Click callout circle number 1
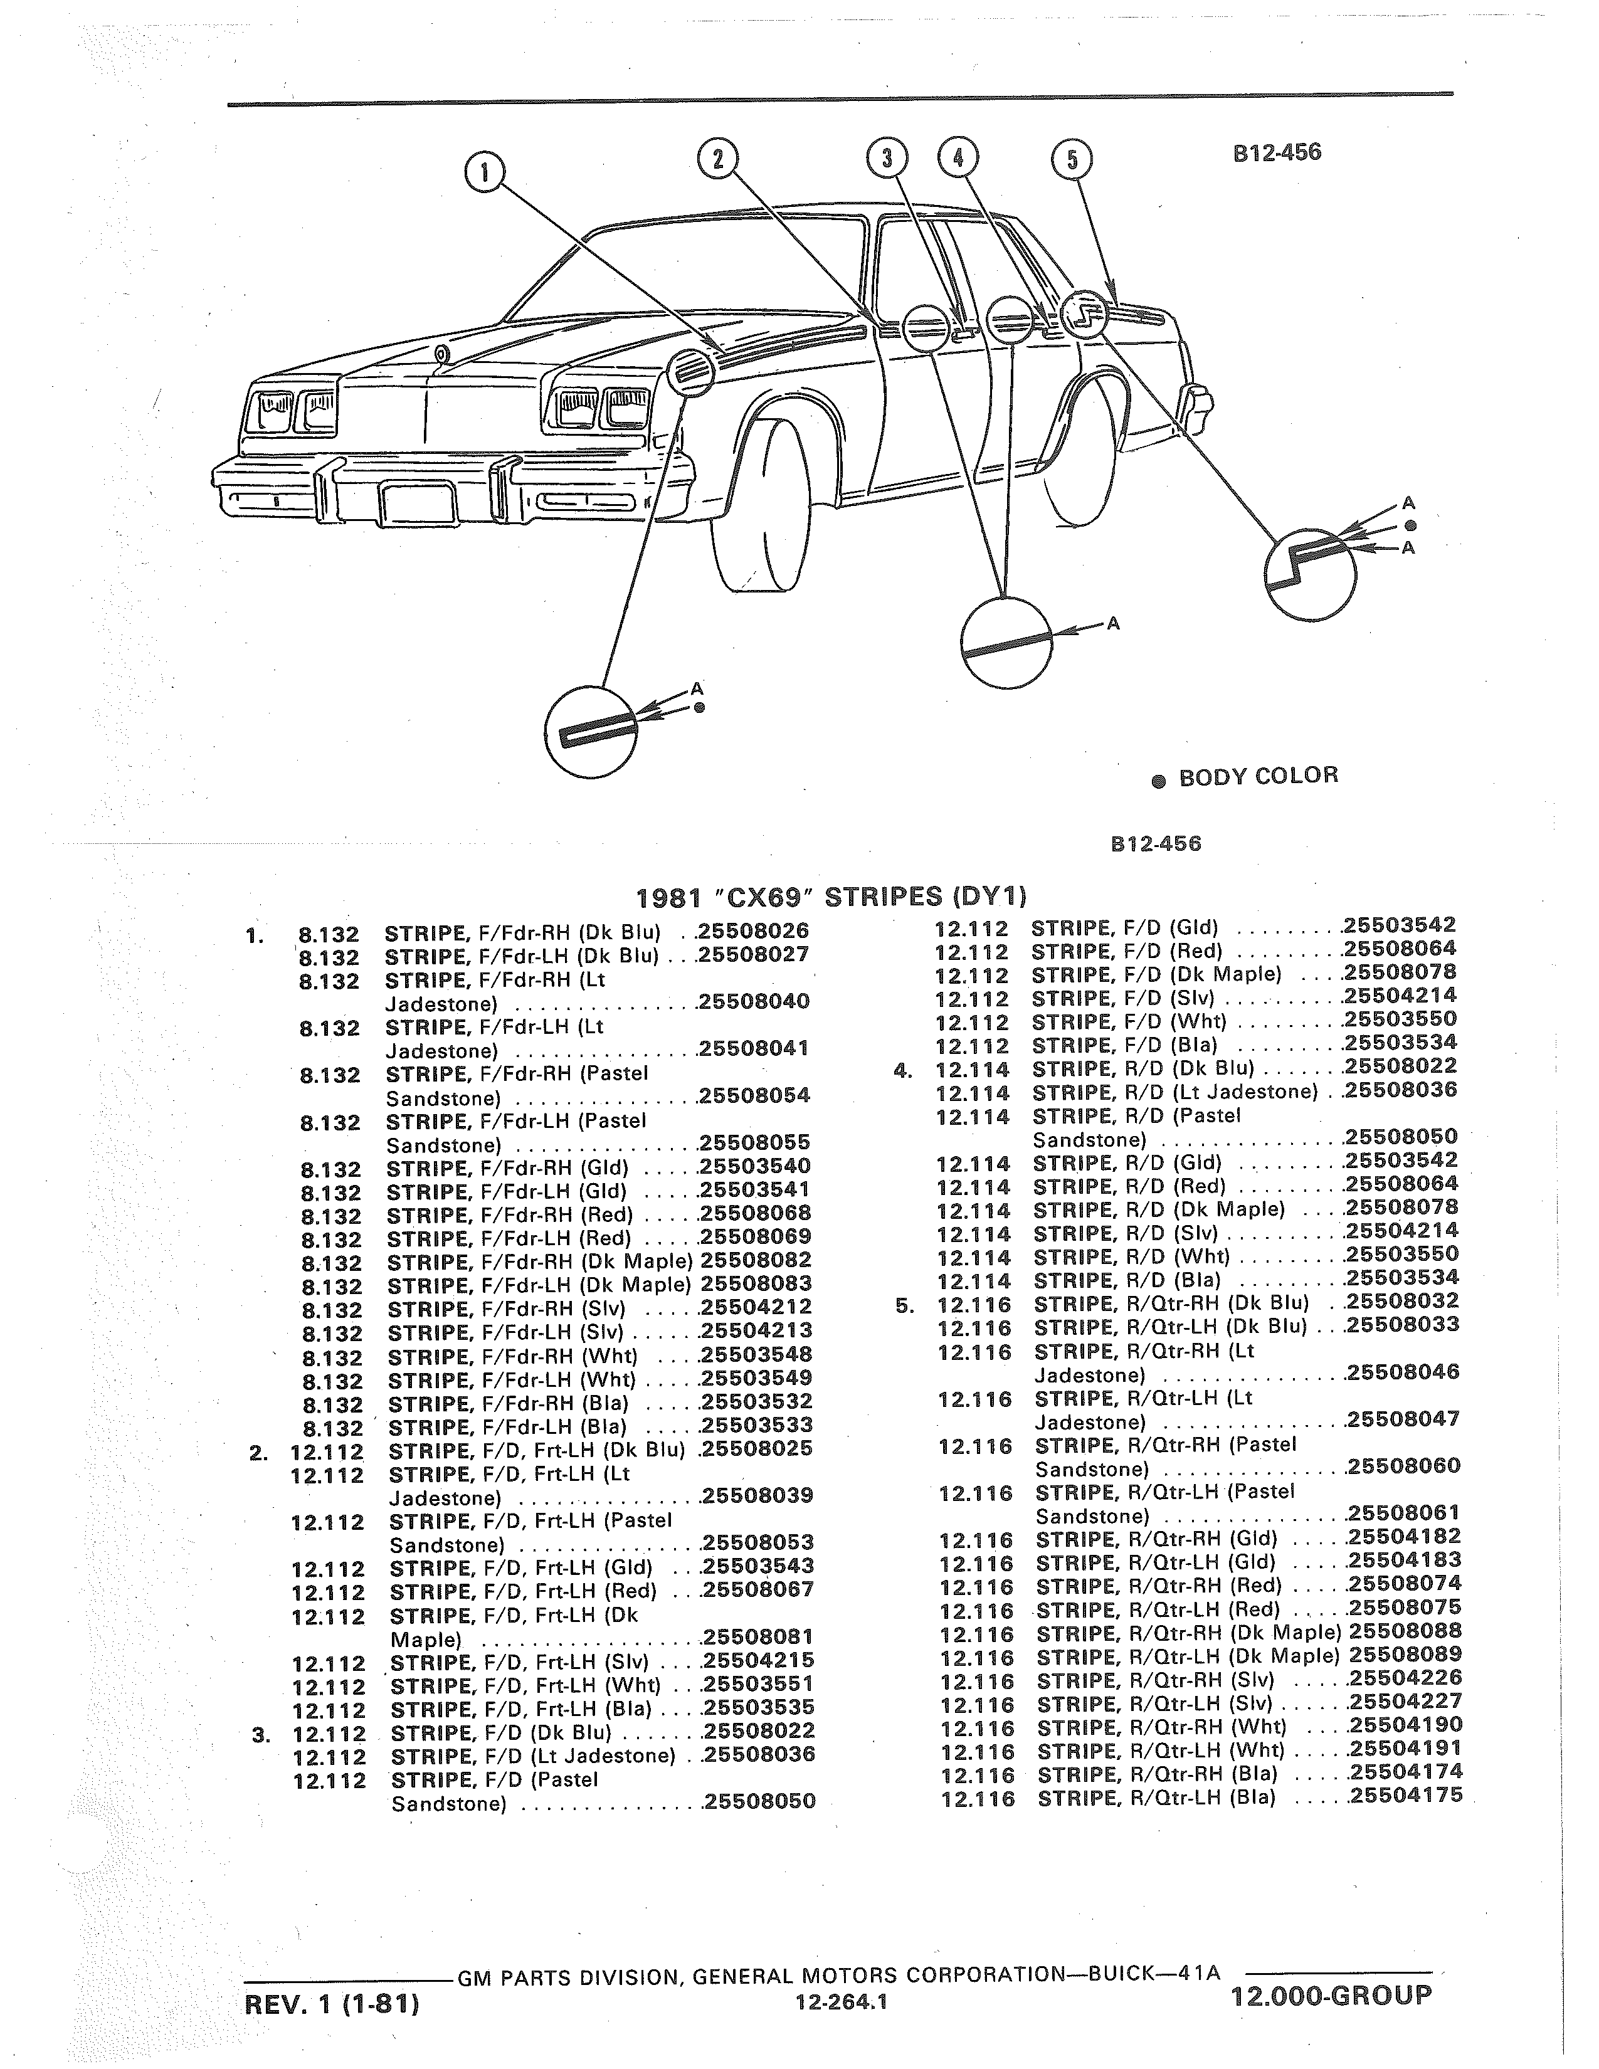coord(485,172)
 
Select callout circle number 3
coord(887,157)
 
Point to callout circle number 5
coord(1072,159)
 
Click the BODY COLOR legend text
coord(1258,776)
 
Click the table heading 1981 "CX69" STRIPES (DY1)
coord(831,895)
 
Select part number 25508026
coord(753,930)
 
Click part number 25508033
coord(1403,1324)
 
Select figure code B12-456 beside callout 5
coord(1277,152)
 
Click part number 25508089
coord(1406,1654)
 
